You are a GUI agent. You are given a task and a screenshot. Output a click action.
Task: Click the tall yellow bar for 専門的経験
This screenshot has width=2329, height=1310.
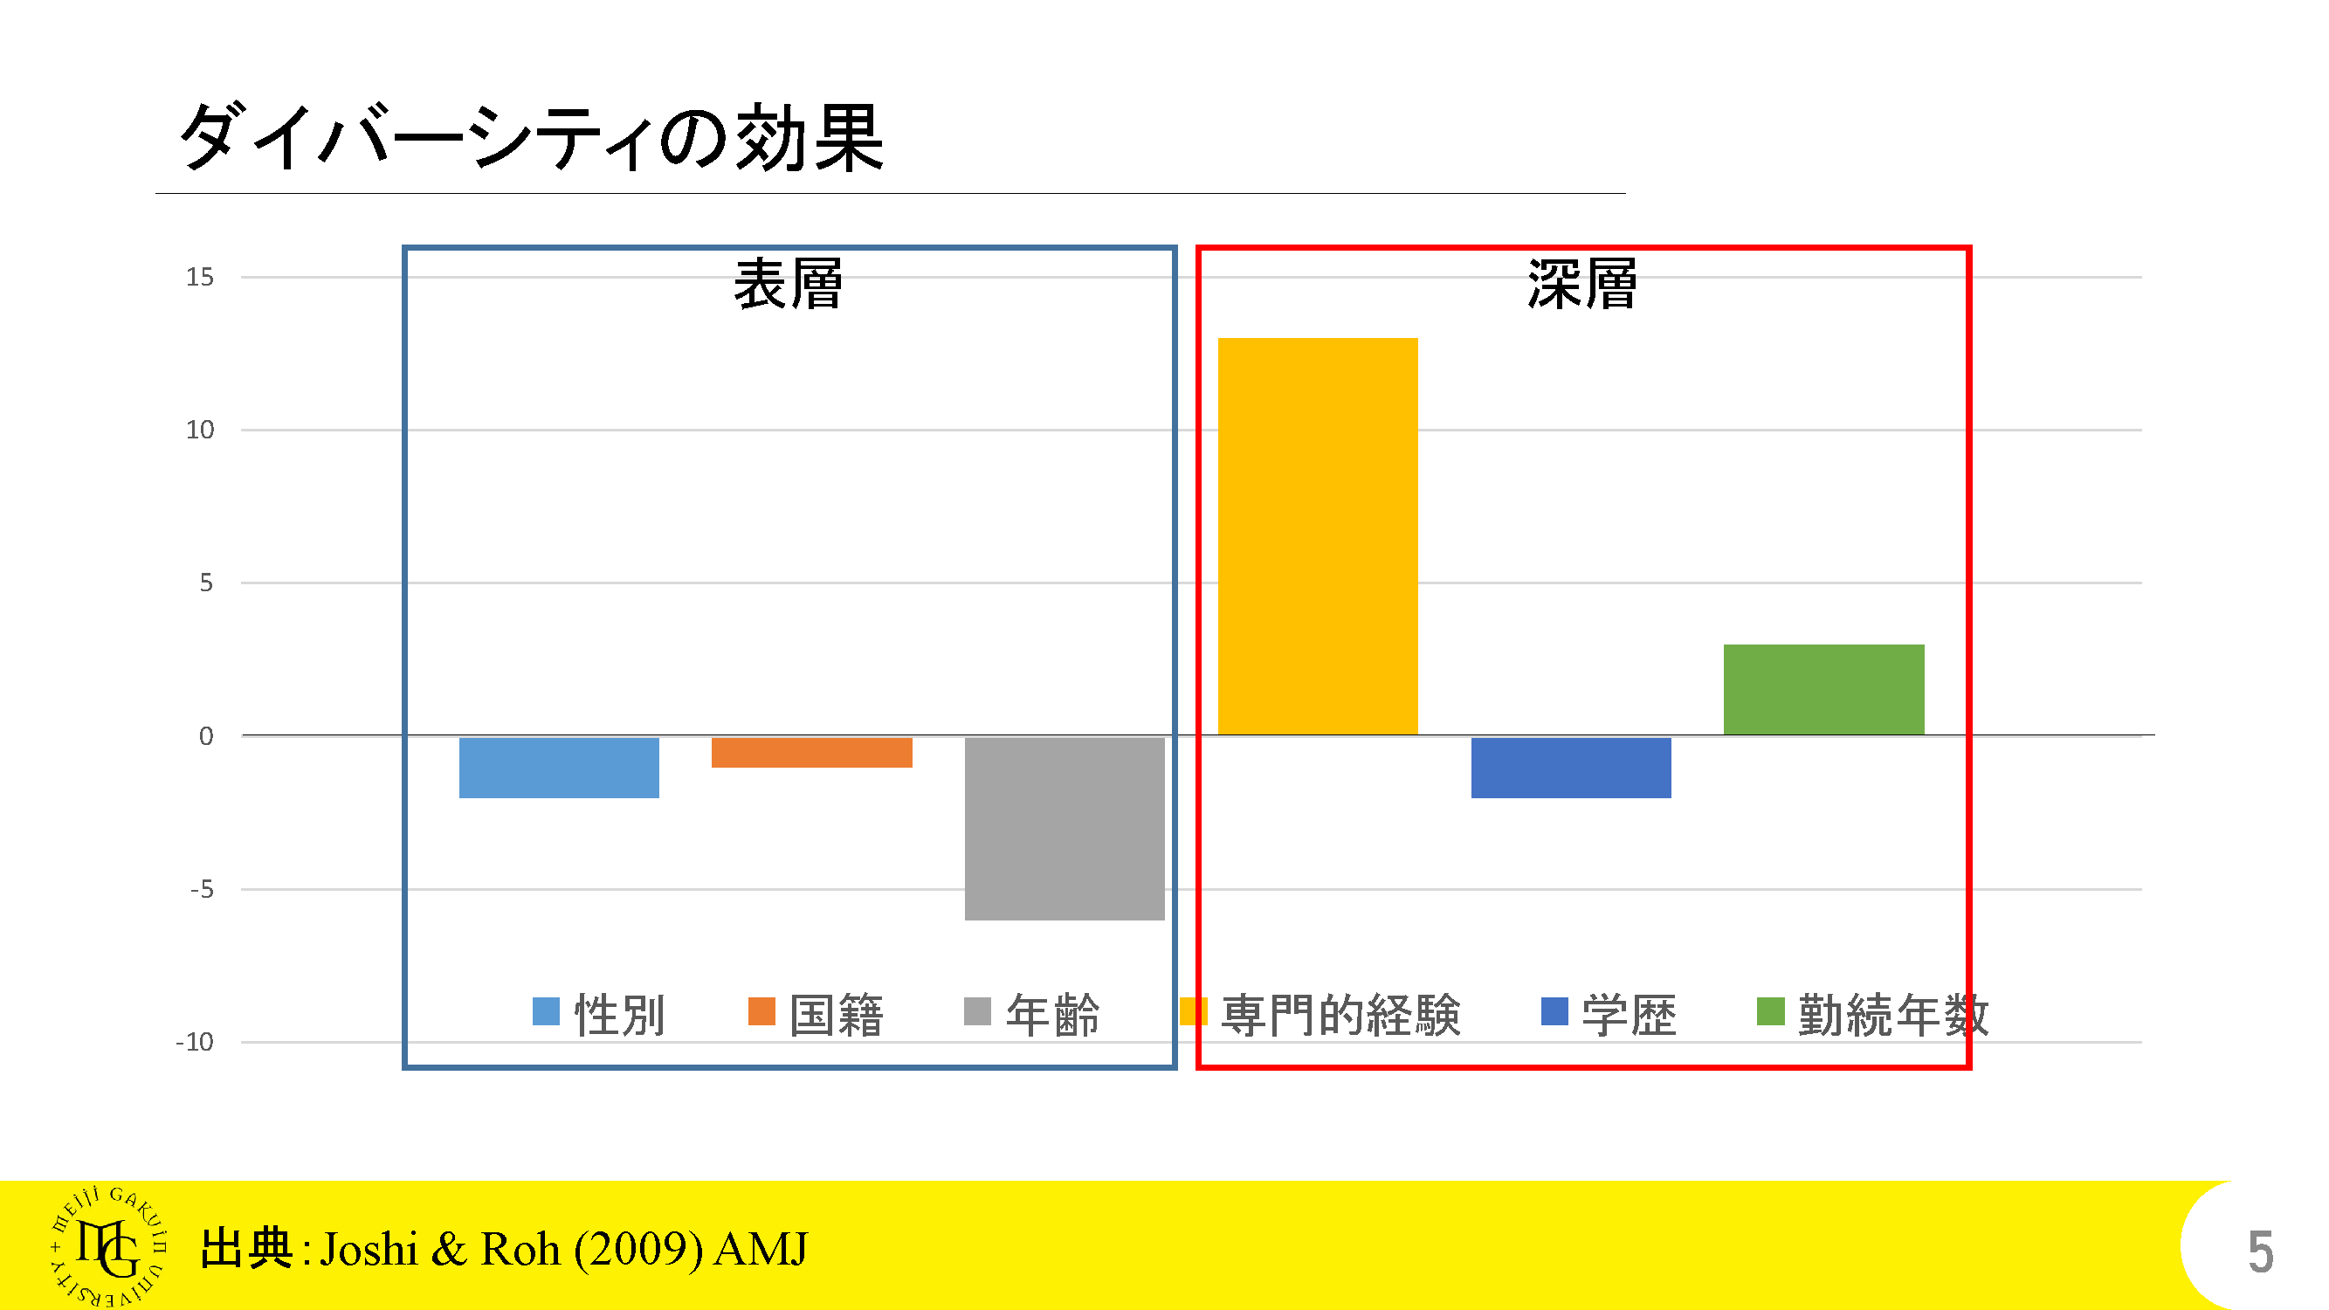1317,535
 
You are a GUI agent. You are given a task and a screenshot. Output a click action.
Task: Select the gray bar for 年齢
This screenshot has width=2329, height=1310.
1065,828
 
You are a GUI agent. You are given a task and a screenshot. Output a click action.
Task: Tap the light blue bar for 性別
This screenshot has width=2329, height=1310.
559,768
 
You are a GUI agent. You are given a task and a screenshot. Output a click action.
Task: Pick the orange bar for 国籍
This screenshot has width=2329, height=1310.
812,752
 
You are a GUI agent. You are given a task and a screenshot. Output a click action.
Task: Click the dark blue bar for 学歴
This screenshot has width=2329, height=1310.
1570,768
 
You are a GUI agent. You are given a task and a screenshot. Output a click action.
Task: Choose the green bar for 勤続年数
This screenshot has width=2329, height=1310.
1823,689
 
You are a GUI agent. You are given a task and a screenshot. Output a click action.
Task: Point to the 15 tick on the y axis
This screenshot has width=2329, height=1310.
200,277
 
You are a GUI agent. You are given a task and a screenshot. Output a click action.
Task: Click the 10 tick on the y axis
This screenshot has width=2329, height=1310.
200,430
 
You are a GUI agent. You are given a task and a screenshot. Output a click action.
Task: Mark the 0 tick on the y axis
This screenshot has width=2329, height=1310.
206,736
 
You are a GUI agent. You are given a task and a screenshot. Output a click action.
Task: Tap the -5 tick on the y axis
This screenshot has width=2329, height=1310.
202,889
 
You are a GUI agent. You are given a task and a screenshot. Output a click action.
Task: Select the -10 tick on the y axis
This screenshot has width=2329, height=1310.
196,1042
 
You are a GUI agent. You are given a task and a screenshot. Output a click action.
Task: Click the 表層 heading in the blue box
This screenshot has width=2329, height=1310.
788,284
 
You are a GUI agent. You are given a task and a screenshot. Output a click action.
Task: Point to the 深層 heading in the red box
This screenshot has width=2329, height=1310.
1582,284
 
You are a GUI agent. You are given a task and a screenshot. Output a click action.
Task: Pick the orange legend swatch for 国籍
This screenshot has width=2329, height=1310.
761,1010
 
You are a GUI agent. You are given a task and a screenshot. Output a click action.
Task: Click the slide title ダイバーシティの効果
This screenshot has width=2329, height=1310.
532,137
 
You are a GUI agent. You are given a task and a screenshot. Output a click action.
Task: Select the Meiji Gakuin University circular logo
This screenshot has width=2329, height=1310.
108,1247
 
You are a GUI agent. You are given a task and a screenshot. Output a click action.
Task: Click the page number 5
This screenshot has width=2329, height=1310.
2260,1251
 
